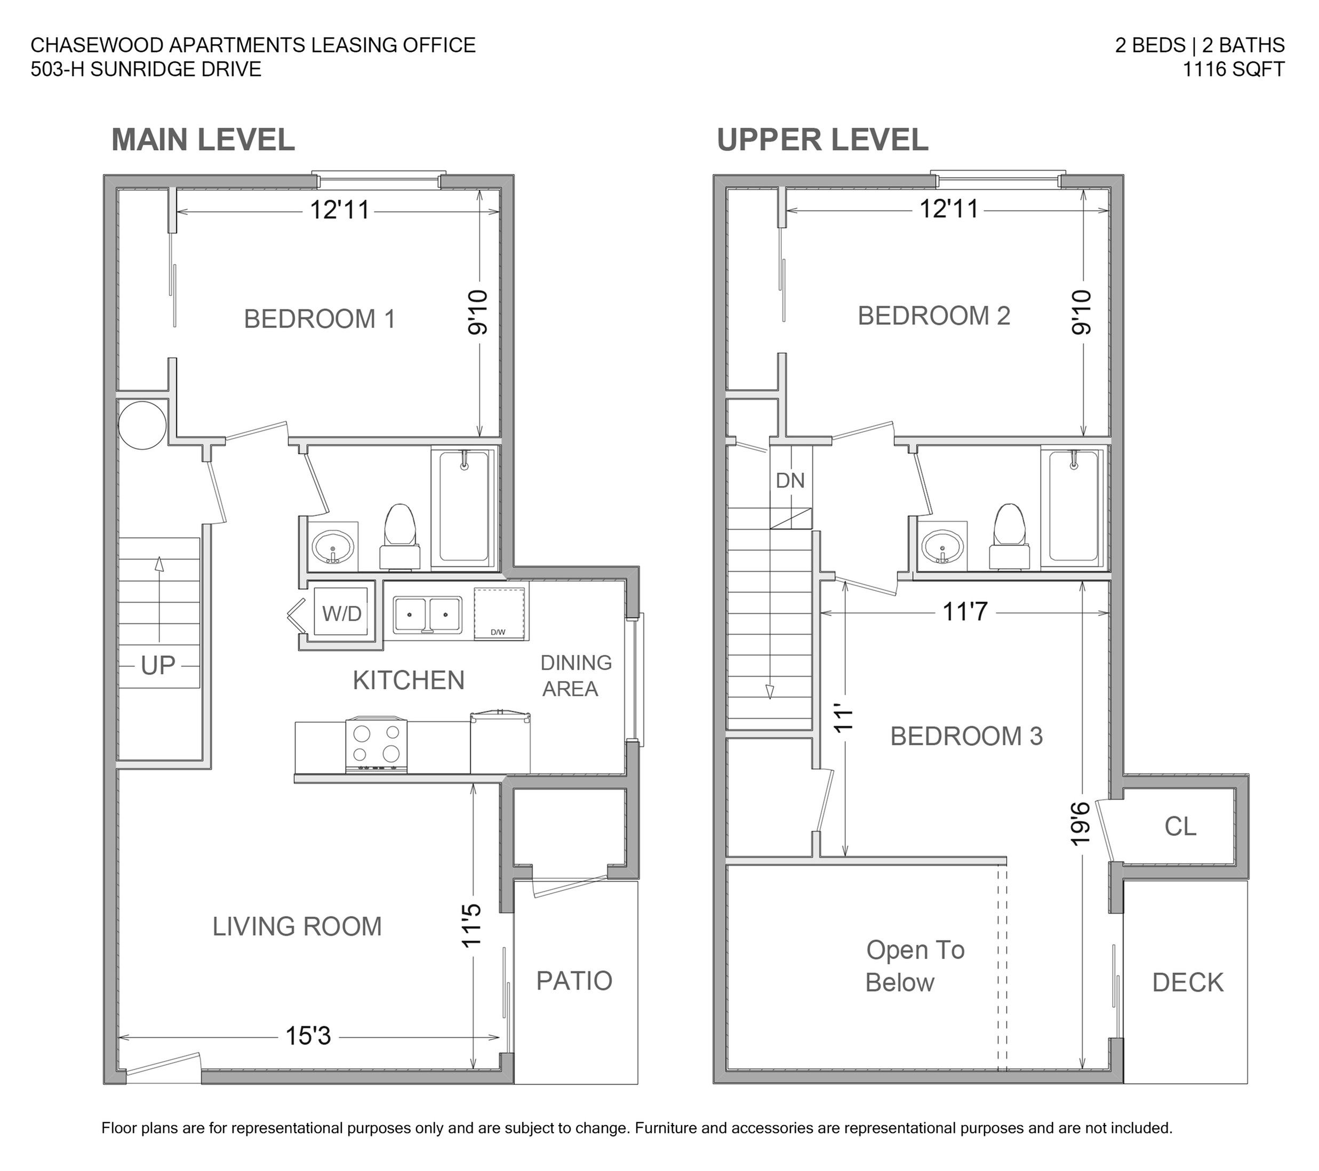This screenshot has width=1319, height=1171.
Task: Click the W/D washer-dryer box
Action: (341, 612)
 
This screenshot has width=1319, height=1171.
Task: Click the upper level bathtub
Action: (1073, 507)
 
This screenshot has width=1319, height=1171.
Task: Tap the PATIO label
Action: (574, 981)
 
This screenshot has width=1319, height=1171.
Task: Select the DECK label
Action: (1188, 983)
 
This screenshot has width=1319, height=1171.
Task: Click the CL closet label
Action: (1180, 827)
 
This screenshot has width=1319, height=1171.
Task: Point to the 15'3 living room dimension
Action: (308, 1036)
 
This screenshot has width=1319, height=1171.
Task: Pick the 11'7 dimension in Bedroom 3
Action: (965, 611)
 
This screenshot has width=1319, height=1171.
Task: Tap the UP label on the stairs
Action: (158, 666)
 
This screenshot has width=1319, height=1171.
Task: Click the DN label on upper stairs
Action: (790, 480)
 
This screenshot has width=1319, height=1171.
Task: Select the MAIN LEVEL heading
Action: (203, 140)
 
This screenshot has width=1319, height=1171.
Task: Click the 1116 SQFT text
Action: (1233, 69)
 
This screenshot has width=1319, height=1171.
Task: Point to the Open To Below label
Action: (915, 966)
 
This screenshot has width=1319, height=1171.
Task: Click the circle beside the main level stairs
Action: (142, 425)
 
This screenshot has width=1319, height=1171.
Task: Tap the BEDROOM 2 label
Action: (934, 316)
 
